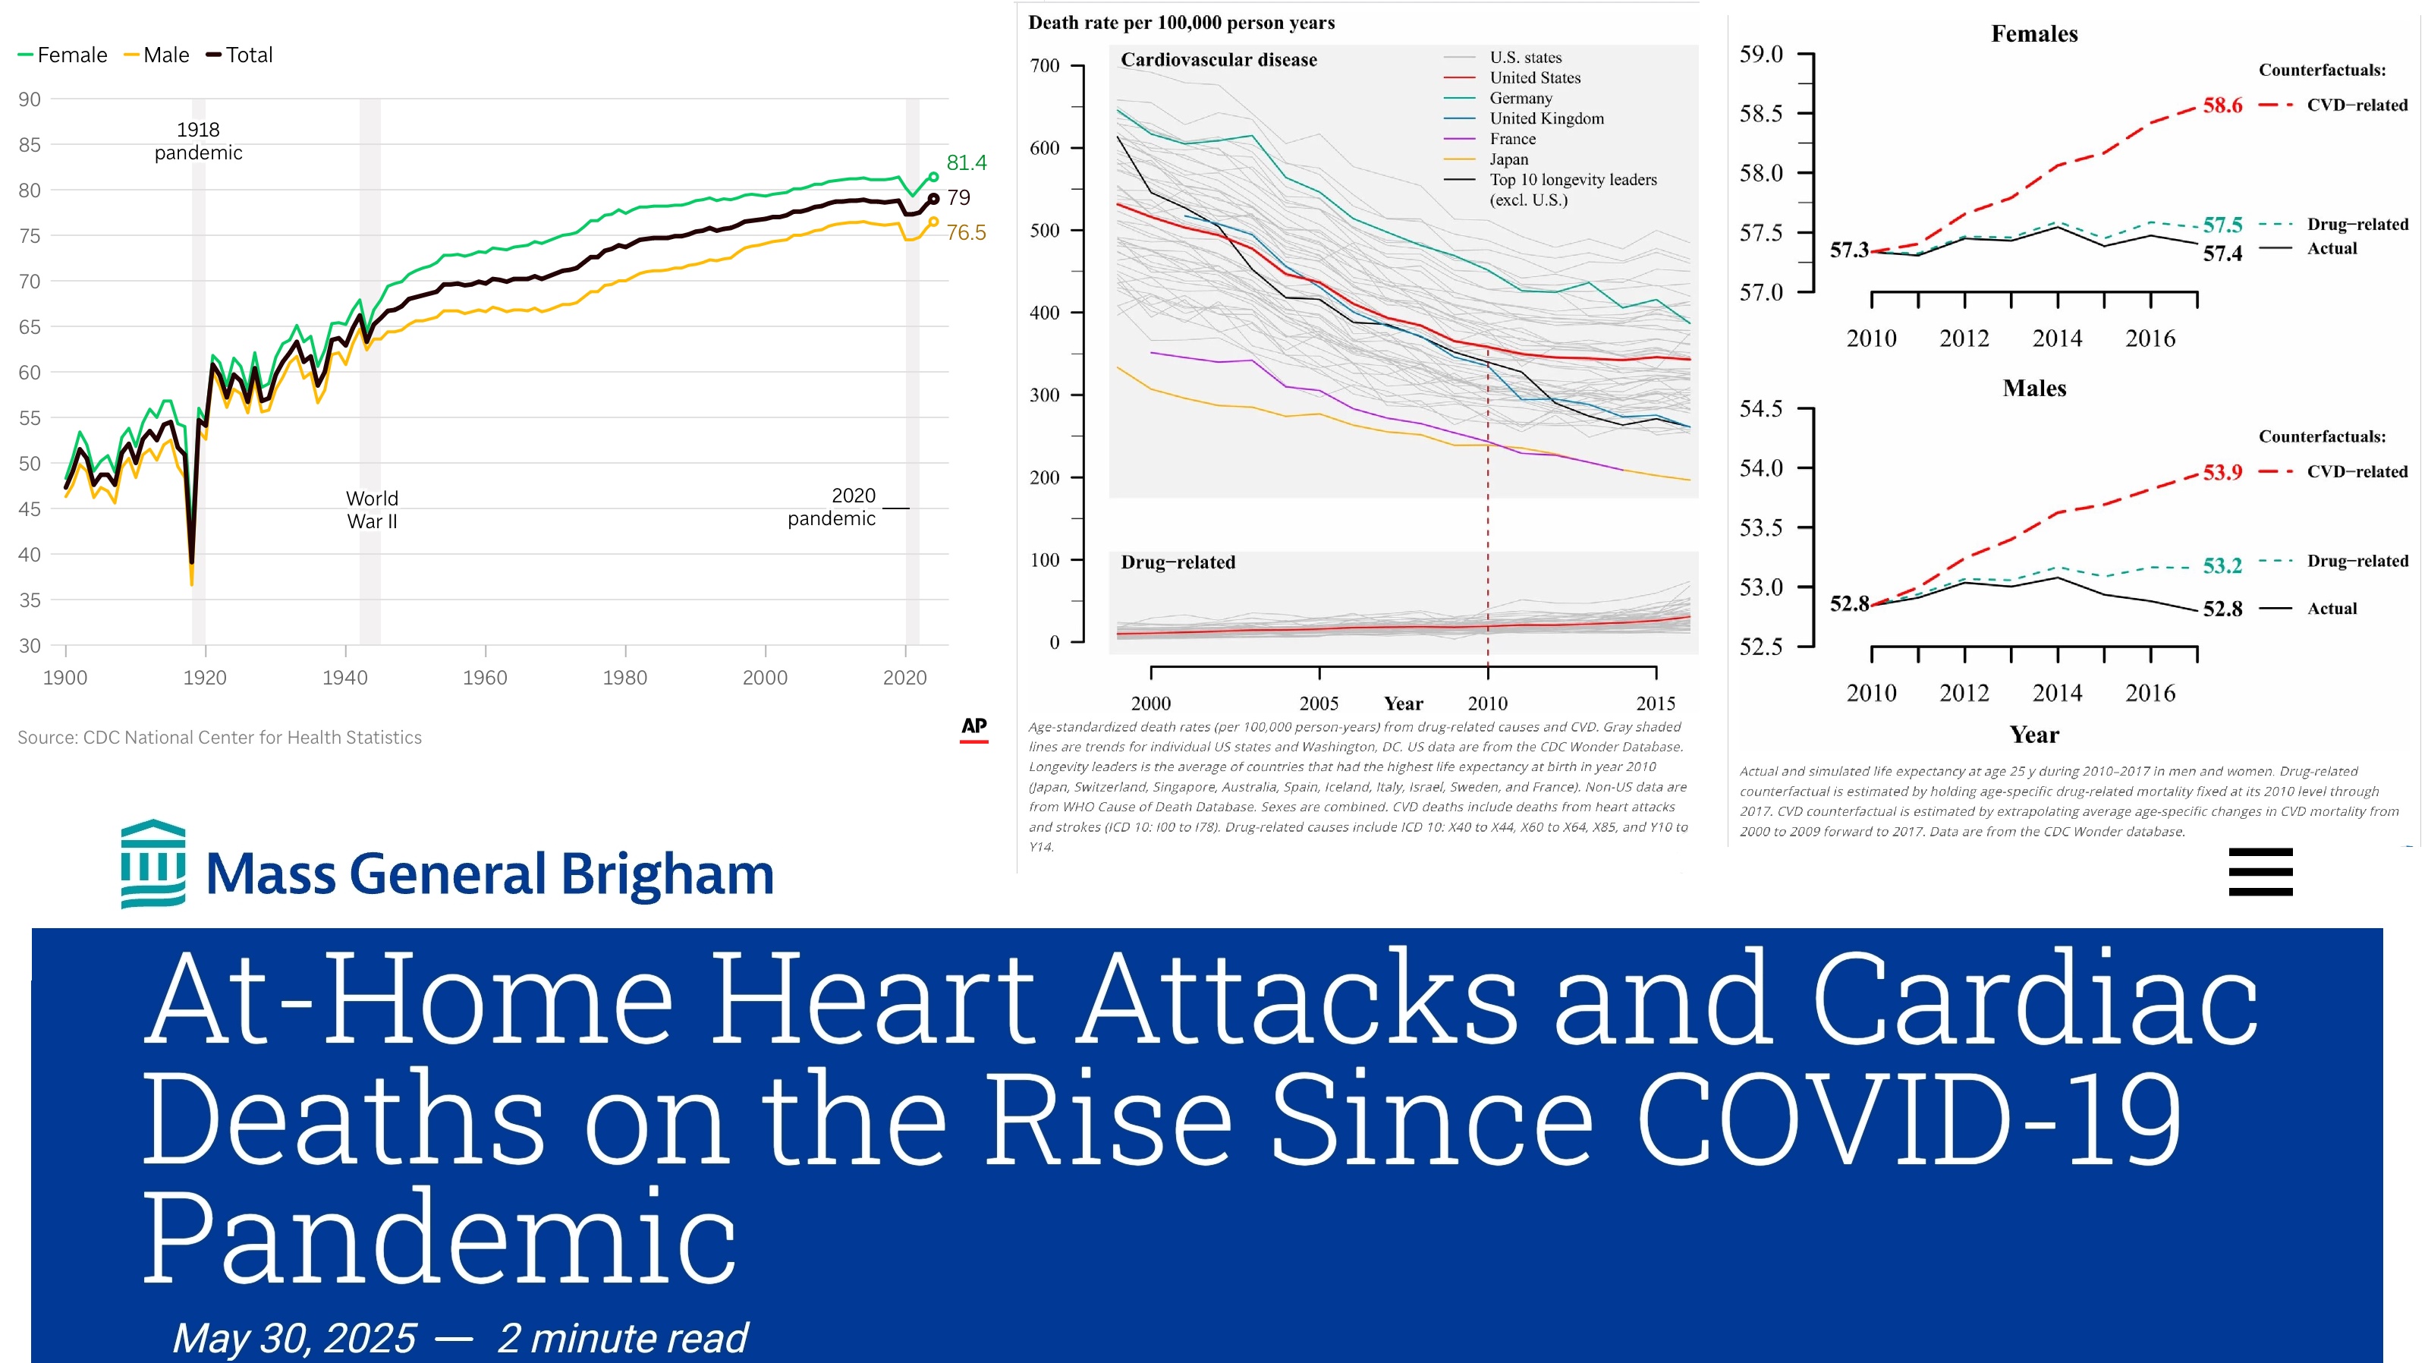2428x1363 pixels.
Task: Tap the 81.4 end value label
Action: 966,162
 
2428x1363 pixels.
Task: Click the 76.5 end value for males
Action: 966,233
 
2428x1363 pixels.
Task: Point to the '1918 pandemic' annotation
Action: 198,141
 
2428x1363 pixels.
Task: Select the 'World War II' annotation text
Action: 373,510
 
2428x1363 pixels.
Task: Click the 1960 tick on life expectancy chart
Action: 485,677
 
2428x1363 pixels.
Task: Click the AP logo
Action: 973,727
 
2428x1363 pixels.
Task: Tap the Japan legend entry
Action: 1509,159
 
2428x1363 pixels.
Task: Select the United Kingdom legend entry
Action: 1546,118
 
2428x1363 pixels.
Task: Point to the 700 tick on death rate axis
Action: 1044,66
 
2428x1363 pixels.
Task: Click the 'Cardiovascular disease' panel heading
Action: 1219,60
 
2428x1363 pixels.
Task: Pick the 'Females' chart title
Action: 2034,34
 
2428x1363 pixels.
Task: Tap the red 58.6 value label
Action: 2222,105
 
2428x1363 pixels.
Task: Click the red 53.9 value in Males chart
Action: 2222,472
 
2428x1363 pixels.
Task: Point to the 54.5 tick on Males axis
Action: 1760,409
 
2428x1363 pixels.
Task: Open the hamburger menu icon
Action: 2260,871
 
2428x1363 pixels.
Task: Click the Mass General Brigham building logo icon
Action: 153,864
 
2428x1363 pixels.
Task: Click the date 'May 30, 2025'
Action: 294,1337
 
